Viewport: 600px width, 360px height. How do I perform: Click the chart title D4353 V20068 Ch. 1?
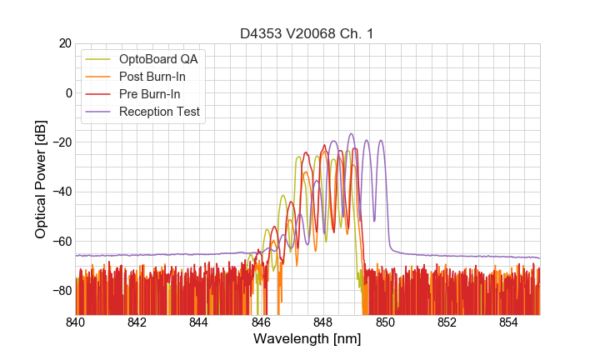307,33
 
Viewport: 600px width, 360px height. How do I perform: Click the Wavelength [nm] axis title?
307,339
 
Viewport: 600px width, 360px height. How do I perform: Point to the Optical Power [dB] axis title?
40,178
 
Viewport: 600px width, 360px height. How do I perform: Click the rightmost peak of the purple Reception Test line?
381,141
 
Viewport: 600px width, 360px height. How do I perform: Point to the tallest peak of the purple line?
351,134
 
